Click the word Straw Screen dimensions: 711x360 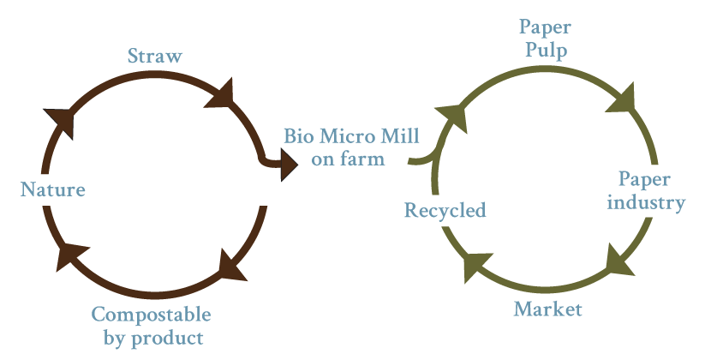(x=155, y=56)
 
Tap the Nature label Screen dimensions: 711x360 (x=52, y=189)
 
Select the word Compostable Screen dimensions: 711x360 (x=151, y=315)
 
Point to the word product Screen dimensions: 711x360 (x=167, y=339)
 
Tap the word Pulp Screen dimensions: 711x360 (x=546, y=51)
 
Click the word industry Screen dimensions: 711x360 (x=646, y=202)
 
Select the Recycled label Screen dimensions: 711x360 (x=445, y=210)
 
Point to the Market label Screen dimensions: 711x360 (x=547, y=309)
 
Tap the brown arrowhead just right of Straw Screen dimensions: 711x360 (x=221, y=95)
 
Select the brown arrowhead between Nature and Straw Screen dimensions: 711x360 (x=61, y=121)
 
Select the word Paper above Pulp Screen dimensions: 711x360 (x=545, y=28)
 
